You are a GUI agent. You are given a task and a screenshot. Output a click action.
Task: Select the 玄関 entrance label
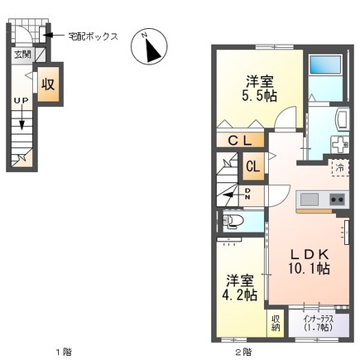click(21, 55)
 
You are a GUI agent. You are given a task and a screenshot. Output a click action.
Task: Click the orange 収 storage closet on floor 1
click(48, 84)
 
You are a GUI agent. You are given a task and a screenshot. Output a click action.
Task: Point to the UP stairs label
click(20, 102)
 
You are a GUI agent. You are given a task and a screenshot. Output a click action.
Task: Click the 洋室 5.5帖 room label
click(259, 89)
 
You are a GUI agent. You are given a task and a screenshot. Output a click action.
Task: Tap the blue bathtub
click(324, 67)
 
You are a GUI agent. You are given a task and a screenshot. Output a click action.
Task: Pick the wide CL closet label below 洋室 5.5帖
click(242, 141)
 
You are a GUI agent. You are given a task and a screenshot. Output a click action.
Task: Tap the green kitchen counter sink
click(309, 199)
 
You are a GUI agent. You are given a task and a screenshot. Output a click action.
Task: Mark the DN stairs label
click(247, 194)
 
